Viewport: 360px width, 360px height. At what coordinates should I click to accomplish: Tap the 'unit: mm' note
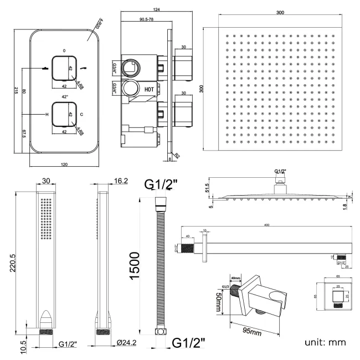(x=325, y=342)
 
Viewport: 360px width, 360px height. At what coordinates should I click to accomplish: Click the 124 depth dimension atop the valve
(x=142, y=10)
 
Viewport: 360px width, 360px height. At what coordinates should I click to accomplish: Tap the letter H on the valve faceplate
(x=47, y=114)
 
